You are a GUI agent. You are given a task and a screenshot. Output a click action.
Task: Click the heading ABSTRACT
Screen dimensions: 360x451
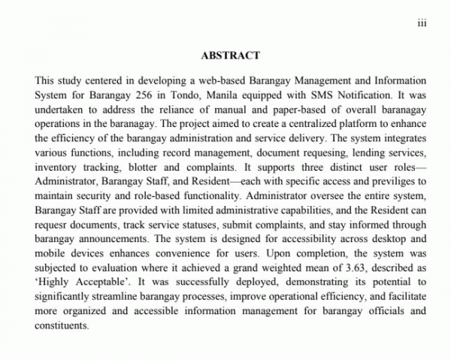coord(231,55)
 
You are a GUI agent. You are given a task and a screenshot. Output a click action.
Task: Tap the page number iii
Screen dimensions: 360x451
coord(422,23)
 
